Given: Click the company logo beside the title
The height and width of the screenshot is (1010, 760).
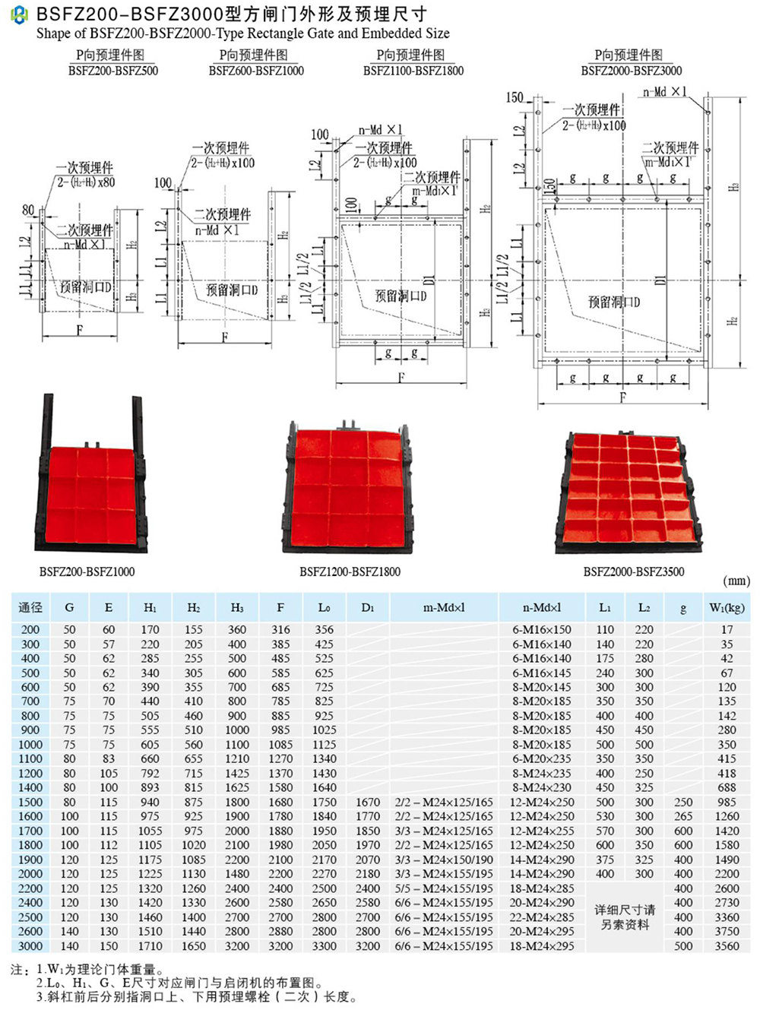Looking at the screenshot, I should pyautogui.click(x=18, y=14).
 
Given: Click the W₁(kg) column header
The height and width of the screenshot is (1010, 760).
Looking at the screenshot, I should pyautogui.click(x=726, y=607).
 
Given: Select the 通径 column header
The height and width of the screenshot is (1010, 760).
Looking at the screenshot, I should pyautogui.click(x=30, y=607).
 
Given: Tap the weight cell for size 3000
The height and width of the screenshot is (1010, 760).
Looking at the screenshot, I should pyautogui.click(x=727, y=946).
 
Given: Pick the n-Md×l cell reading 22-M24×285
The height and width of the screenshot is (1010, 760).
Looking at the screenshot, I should pyautogui.click(x=542, y=917).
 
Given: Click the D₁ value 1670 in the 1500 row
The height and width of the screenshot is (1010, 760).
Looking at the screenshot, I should pyautogui.click(x=368, y=803).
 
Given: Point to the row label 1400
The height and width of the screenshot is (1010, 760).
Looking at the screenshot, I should pyautogui.click(x=30, y=788).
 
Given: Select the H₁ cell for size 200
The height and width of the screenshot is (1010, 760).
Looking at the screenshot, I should pyautogui.click(x=150, y=630).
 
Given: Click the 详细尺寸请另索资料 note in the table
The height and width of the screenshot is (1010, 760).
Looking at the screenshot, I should pyautogui.click(x=627, y=917).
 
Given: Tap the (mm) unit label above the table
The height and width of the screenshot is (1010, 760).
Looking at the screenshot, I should pyautogui.click(x=736, y=581).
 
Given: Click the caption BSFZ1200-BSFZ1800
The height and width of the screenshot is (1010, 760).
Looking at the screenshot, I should pyautogui.click(x=350, y=571).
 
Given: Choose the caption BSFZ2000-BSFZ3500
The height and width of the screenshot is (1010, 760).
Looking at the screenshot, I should pyautogui.click(x=633, y=571).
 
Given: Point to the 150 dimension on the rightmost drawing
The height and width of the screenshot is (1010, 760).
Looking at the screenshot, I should pyautogui.click(x=515, y=97).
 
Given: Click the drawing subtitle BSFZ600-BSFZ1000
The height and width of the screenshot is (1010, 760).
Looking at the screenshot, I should pyautogui.click(x=256, y=71).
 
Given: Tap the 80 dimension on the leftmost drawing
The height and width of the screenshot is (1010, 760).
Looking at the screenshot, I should pyautogui.click(x=28, y=210).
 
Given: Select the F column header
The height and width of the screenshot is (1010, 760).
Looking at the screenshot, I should pyautogui.click(x=280, y=607).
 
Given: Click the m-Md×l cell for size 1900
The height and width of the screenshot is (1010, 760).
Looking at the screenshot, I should pyautogui.click(x=444, y=860).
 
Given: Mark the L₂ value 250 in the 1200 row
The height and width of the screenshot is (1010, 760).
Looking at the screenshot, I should pyautogui.click(x=644, y=774).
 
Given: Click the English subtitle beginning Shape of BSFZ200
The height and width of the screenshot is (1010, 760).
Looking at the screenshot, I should pyautogui.click(x=242, y=33).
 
